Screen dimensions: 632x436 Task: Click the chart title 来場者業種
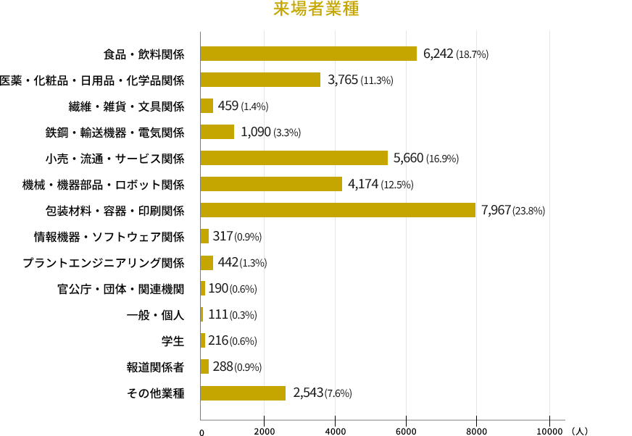pyautogui.click(x=316, y=9)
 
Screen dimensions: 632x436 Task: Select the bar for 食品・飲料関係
pyautogui.click(x=308, y=54)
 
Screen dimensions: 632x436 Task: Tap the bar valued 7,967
pyautogui.click(x=338, y=210)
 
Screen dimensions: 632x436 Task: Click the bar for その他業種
pyautogui.click(x=243, y=393)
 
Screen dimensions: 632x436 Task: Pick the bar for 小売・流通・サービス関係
pyautogui.click(x=294, y=158)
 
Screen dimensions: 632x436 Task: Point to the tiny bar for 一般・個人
pyautogui.click(x=201, y=314)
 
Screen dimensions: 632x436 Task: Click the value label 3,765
pyautogui.click(x=343, y=80)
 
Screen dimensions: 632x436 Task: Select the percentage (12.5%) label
pyautogui.click(x=397, y=185)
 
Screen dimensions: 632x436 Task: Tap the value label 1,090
pyautogui.click(x=256, y=132)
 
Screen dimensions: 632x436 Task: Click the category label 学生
pyautogui.click(x=173, y=341)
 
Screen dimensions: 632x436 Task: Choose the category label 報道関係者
pyautogui.click(x=156, y=367)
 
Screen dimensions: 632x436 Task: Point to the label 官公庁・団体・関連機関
pyautogui.click(x=121, y=289)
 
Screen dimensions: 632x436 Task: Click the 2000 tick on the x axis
pyautogui.click(x=265, y=431)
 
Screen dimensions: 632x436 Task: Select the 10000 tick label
pyautogui.click(x=549, y=431)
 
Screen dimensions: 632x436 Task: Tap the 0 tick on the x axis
pyautogui.click(x=202, y=432)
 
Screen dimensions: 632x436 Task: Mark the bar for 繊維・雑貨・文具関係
pyautogui.click(x=207, y=106)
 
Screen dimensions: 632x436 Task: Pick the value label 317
pyautogui.click(x=223, y=236)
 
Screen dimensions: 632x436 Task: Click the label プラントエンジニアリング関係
pyautogui.click(x=104, y=263)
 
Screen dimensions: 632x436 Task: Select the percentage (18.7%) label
pyautogui.click(x=472, y=54)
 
